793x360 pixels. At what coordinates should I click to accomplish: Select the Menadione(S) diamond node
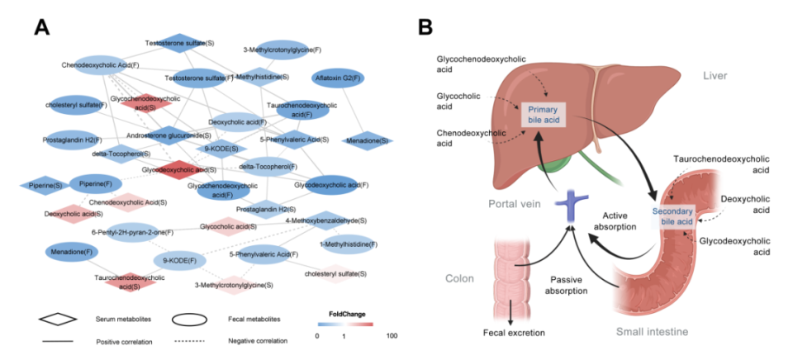point(365,140)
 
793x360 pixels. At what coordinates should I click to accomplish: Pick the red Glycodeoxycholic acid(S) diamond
point(173,170)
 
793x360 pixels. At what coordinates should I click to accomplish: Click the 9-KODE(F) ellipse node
point(179,260)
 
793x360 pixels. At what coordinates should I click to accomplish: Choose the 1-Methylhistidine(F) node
point(349,244)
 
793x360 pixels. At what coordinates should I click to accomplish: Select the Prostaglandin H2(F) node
point(74,140)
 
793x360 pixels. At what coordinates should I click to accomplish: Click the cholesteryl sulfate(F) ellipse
point(75,105)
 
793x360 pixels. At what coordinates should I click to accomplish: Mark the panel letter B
point(425,27)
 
